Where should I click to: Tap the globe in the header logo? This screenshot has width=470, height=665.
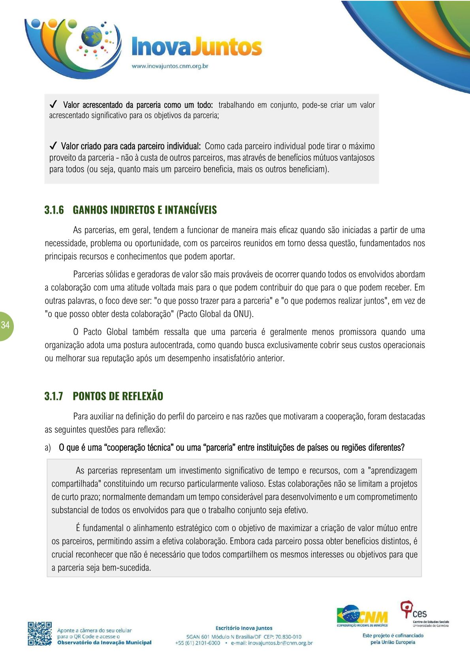click(x=91, y=37)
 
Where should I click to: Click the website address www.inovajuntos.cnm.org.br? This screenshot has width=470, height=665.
click(x=170, y=66)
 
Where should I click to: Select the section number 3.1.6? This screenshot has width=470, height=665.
click(x=54, y=210)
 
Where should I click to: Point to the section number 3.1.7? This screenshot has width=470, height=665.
click(x=54, y=396)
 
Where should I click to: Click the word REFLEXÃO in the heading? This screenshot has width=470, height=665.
click(x=142, y=396)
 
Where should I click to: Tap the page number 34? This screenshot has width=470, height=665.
click(x=5, y=325)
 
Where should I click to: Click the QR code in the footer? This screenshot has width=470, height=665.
click(x=39, y=634)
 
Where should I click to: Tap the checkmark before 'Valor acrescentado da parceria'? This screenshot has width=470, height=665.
click(x=53, y=105)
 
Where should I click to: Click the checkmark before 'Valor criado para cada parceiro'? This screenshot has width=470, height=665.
click(x=53, y=146)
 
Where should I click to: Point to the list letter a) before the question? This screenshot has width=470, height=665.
click(x=48, y=448)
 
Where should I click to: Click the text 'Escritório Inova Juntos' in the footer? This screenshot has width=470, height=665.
click(x=244, y=628)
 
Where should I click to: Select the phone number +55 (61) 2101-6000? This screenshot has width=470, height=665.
click(x=197, y=643)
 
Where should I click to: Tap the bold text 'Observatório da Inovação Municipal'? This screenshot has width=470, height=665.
click(x=104, y=642)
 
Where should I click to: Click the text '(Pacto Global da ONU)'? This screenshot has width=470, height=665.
click(x=215, y=314)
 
